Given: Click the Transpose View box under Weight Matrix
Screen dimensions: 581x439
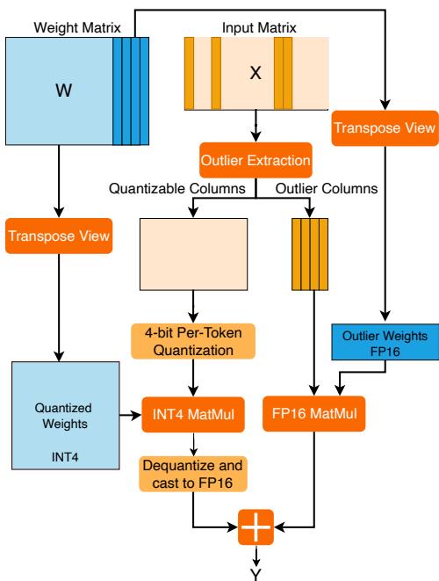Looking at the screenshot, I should (57, 235).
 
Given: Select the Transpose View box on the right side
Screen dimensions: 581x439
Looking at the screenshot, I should (385, 128).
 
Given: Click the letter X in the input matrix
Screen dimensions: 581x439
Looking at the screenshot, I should (255, 74).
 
